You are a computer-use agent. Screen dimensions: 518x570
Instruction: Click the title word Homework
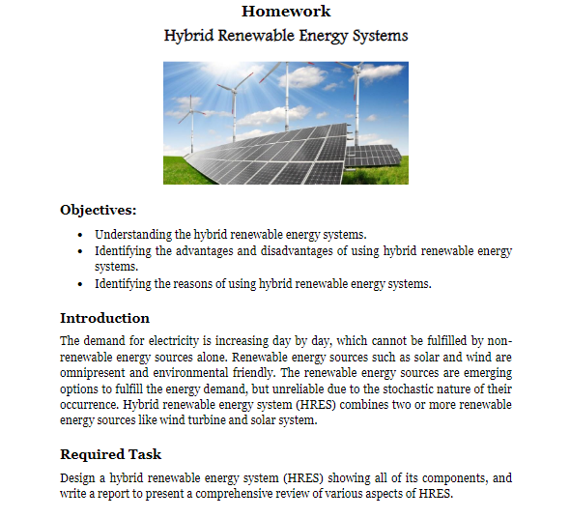(286, 12)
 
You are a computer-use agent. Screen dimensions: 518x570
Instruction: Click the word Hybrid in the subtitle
(185, 37)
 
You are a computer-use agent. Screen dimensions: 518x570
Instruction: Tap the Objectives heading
(98, 210)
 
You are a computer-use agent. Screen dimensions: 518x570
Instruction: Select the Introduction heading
(104, 318)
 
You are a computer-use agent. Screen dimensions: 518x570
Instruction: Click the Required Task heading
(110, 454)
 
